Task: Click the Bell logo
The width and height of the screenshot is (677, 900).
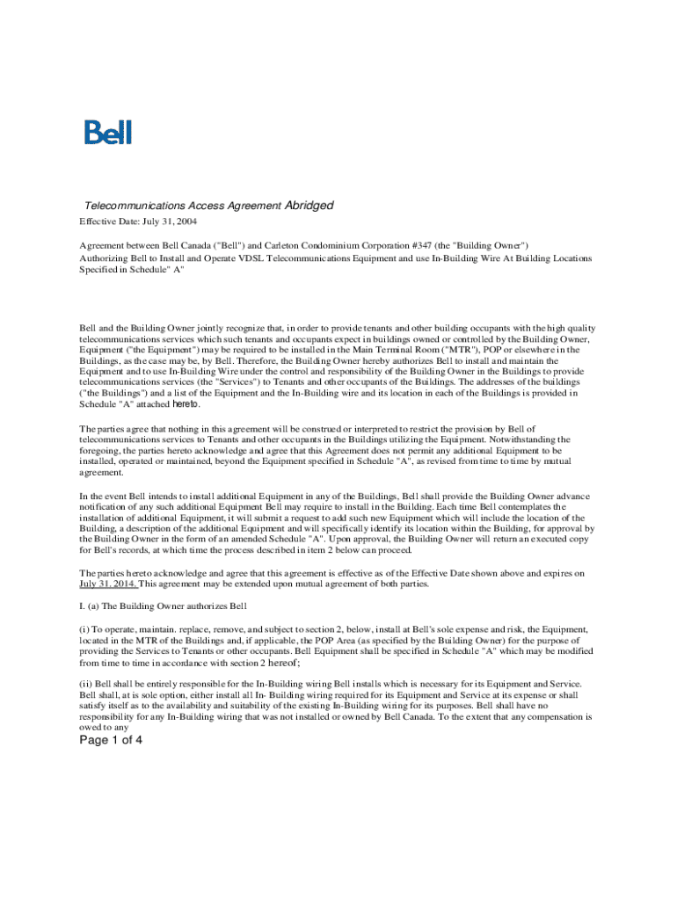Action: [x=108, y=133]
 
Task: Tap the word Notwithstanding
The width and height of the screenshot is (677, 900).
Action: [x=502, y=439]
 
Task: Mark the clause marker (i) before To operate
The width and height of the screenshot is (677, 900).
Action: [x=84, y=629]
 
